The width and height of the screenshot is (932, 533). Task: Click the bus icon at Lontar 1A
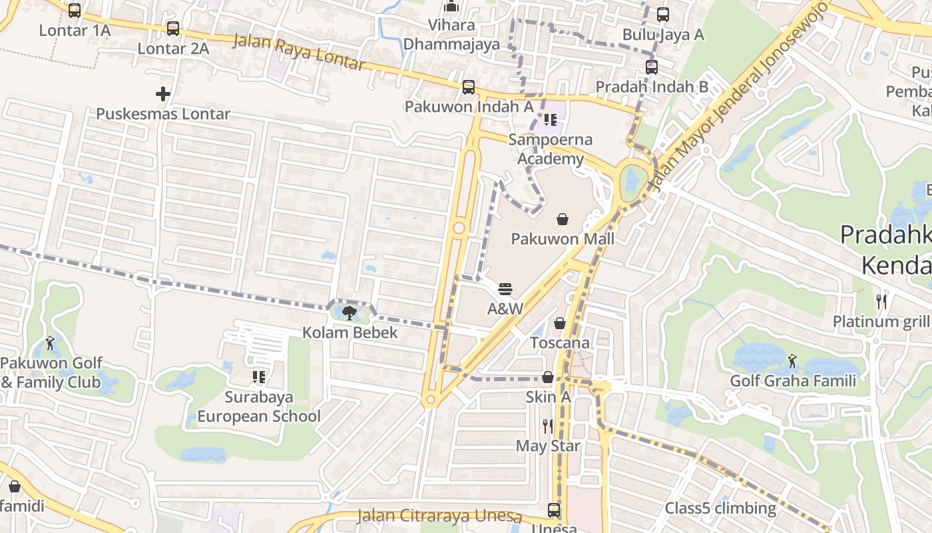pyautogui.click(x=75, y=11)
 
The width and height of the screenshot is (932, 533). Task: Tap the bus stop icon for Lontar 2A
pyautogui.click(x=173, y=29)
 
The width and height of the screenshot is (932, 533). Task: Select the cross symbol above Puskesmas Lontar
pyautogui.click(x=163, y=94)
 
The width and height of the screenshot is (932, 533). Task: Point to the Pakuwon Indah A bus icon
pyautogui.click(x=469, y=87)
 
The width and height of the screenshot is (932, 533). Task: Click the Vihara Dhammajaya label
pyautogui.click(x=452, y=35)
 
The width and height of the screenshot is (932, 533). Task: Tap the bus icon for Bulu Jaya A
pyautogui.click(x=663, y=15)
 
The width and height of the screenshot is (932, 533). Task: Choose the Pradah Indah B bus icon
pyautogui.click(x=652, y=67)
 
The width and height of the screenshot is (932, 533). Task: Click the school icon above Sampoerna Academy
pyautogui.click(x=551, y=120)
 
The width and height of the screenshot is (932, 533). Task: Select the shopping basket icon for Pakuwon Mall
pyautogui.click(x=563, y=219)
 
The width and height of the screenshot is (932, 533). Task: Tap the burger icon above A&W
pyautogui.click(x=505, y=289)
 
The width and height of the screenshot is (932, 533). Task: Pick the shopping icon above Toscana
pyautogui.click(x=560, y=323)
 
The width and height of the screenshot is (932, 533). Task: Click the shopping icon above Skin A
pyautogui.click(x=548, y=377)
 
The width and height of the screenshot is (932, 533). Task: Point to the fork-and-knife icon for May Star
pyautogui.click(x=548, y=426)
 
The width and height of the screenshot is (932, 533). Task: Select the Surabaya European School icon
pyautogui.click(x=259, y=377)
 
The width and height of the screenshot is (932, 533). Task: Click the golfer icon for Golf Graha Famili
pyautogui.click(x=792, y=361)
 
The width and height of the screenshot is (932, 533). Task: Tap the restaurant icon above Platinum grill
pyautogui.click(x=881, y=301)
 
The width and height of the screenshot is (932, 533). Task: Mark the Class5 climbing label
pyautogui.click(x=720, y=508)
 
